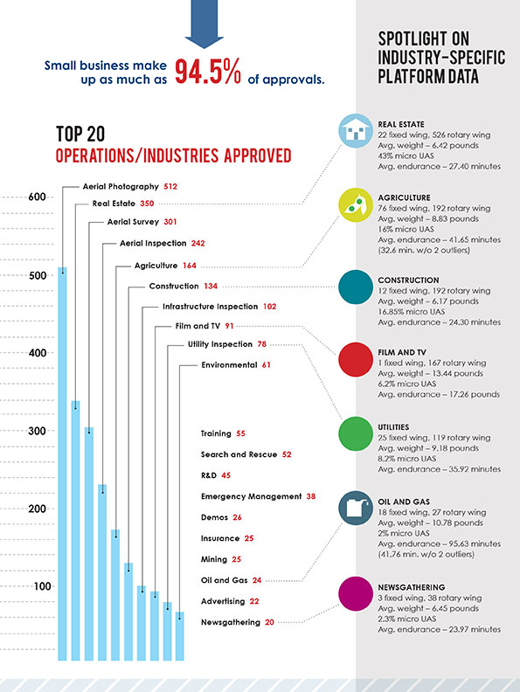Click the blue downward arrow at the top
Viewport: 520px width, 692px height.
tap(204, 22)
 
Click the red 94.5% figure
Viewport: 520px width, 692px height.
tap(208, 72)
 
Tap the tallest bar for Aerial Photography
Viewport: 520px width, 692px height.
tap(63, 464)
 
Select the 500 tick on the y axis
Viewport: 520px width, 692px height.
tap(37, 275)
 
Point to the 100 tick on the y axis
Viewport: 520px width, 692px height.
tap(42, 586)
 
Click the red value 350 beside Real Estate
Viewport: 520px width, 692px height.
tap(147, 204)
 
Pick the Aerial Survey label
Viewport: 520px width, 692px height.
tap(133, 222)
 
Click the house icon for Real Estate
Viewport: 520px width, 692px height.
tap(356, 131)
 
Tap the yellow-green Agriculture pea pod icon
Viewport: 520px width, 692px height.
tap(356, 204)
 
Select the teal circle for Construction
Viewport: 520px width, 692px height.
tap(356, 287)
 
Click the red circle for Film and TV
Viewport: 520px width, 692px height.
tap(356, 359)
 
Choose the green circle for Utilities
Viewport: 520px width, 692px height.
tap(356, 433)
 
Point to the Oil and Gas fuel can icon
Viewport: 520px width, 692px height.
tap(356, 508)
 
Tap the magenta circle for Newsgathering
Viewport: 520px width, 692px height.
tap(356, 593)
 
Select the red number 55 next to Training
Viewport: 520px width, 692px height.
tap(240, 433)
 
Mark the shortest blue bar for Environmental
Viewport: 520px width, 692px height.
tap(180, 636)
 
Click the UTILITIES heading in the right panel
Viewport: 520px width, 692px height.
tap(393, 427)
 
